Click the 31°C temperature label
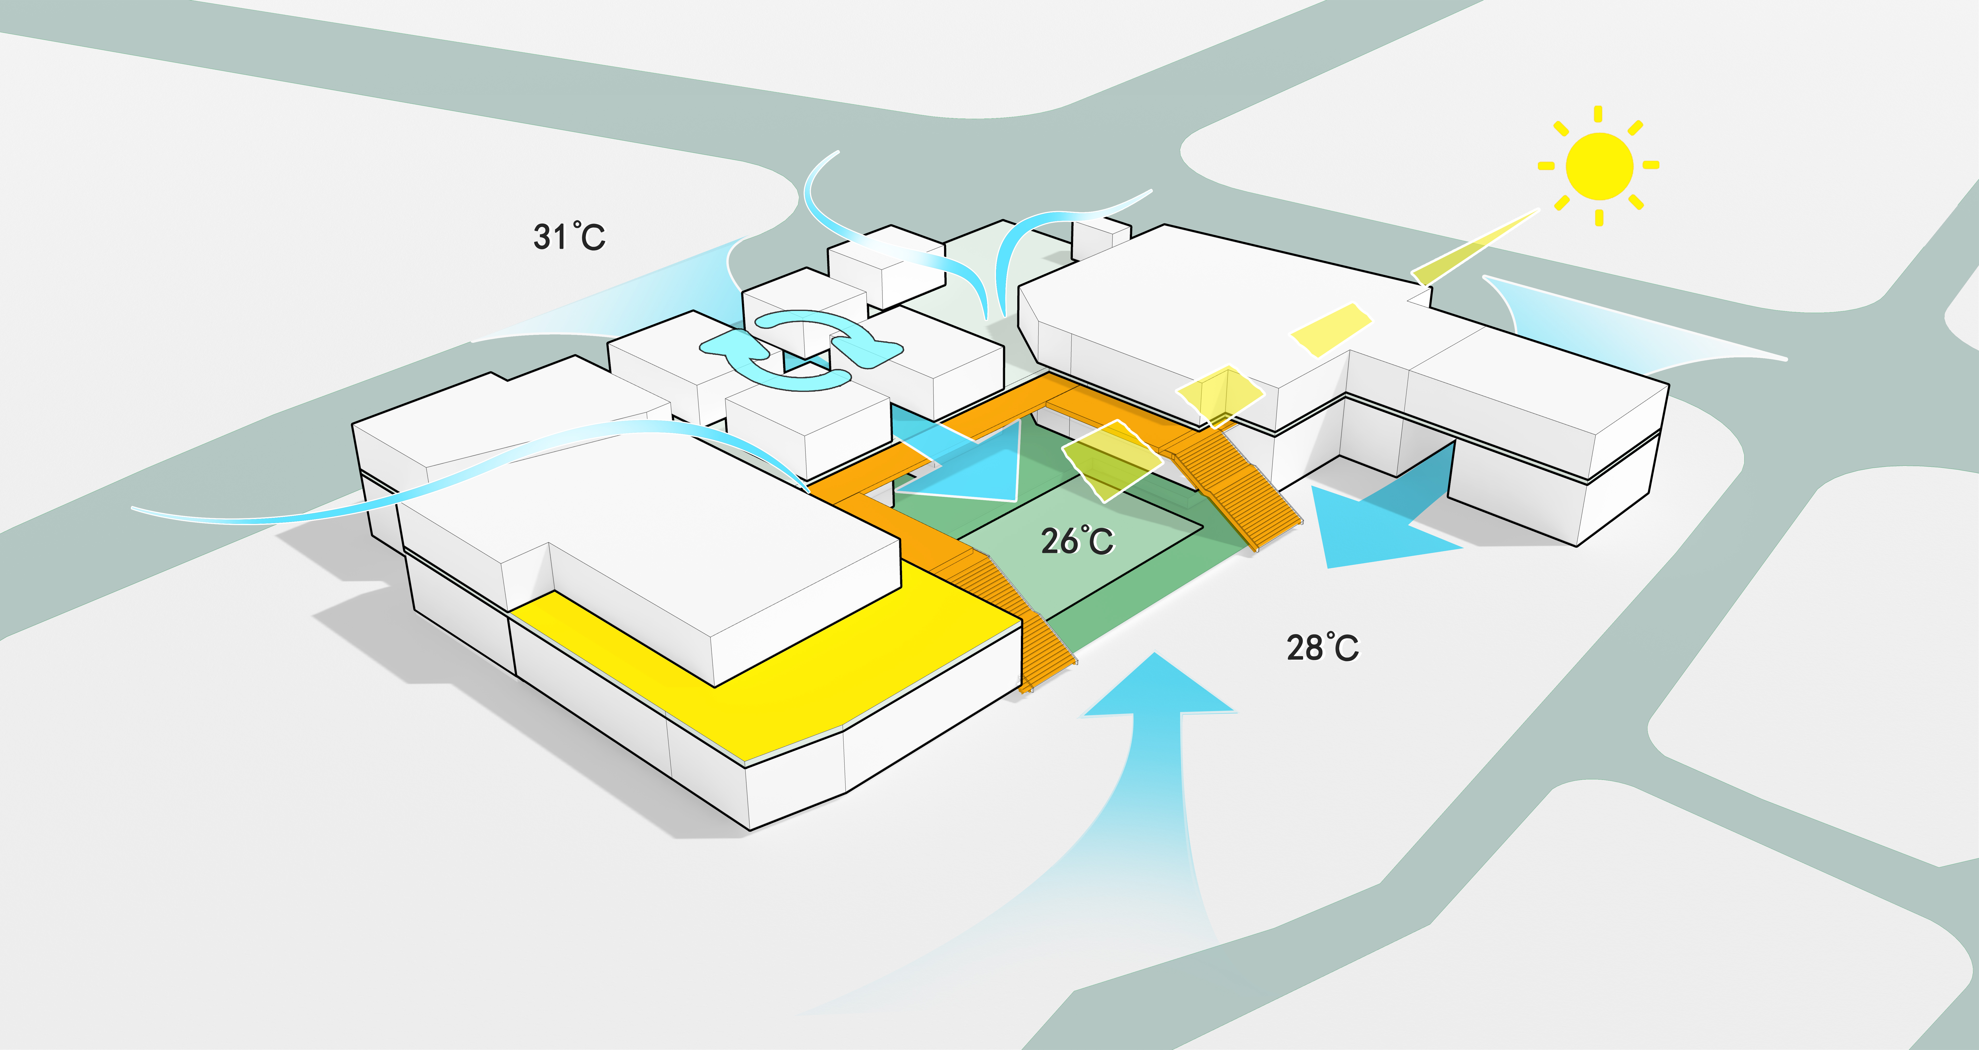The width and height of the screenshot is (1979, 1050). pos(569,237)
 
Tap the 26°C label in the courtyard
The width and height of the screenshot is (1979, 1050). pos(1077,541)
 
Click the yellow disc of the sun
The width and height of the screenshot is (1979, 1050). pos(1599,166)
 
